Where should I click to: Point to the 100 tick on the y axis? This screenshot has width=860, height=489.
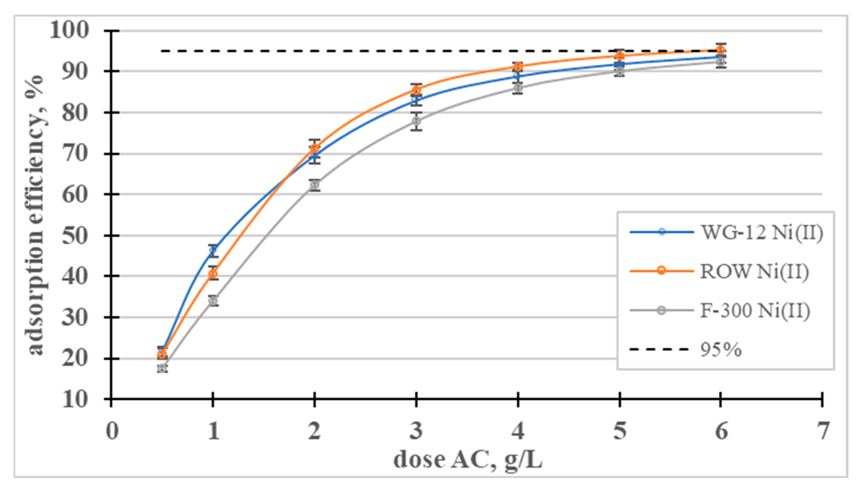coord(69,30)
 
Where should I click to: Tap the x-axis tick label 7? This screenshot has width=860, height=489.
coord(822,431)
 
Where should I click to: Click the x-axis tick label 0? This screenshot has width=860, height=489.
coord(112,431)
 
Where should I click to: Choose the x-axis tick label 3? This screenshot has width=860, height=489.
coord(416,431)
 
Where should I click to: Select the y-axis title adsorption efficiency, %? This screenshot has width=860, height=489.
coord(35,215)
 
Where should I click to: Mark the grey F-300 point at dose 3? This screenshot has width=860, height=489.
coord(416,121)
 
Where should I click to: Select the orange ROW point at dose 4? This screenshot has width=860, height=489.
coord(518,67)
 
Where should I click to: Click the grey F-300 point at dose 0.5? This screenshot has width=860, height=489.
coord(162,368)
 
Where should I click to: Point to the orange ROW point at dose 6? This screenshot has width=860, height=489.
coord(720,50)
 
